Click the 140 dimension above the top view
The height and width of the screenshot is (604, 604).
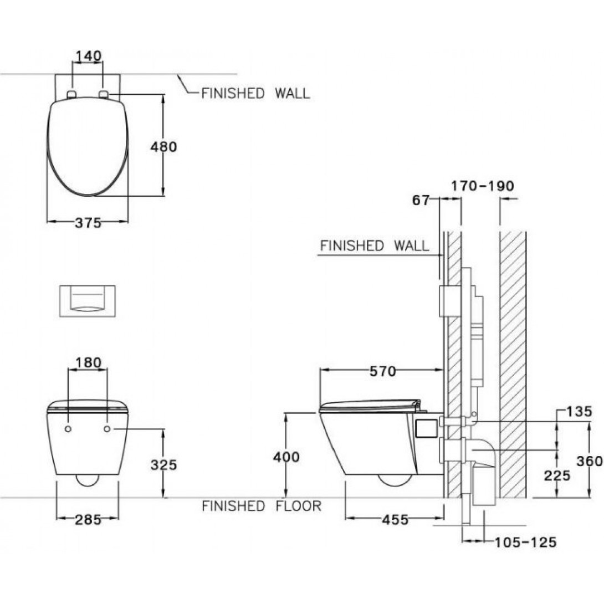[x=88, y=56]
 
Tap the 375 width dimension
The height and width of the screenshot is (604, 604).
[x=88, y=223]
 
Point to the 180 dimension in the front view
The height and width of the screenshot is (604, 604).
[x=88, y=363]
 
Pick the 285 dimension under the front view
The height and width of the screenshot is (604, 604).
[x=88, y=520]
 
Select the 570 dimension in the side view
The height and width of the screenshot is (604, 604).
[x=383, y=371]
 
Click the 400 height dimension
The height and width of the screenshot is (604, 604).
[x=286, y=457]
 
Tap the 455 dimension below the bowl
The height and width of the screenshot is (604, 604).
[x=395, y=520]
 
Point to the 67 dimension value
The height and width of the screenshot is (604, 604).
[x=421, y=201]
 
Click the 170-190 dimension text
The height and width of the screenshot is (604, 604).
[x=482, y=185]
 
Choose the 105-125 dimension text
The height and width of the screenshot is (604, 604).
[x=525, y=542]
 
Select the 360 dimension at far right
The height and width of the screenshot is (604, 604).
[x=590, y=461]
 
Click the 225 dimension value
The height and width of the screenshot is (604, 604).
[x=556, y=475]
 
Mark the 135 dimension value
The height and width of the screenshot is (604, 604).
[x=579, y=411]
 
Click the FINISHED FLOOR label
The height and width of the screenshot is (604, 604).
[x=261, y=506]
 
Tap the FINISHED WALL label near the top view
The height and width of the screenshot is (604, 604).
[x=255, y=93]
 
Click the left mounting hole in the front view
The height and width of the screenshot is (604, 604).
[x=68, y=429]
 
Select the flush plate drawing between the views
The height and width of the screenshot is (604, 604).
[x=88, y=300]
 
